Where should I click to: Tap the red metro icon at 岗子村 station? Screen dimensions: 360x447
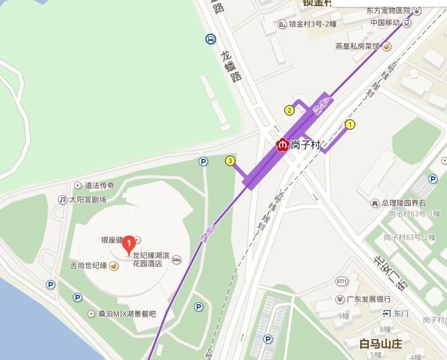coord(283,144)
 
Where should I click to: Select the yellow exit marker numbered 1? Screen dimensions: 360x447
coord(350,124)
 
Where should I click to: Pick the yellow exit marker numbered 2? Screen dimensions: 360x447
coord(289,110)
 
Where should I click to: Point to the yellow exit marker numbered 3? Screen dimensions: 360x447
coord(230,161)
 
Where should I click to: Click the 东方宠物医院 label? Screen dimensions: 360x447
coord(388,10)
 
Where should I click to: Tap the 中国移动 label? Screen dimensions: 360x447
coord(385,23)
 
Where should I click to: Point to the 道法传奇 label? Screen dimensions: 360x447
coord(99,185)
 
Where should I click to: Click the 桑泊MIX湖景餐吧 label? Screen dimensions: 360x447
coord(126,314)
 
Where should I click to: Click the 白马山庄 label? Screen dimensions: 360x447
coord(381,344)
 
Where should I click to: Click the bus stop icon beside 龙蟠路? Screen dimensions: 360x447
coord(211,40)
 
